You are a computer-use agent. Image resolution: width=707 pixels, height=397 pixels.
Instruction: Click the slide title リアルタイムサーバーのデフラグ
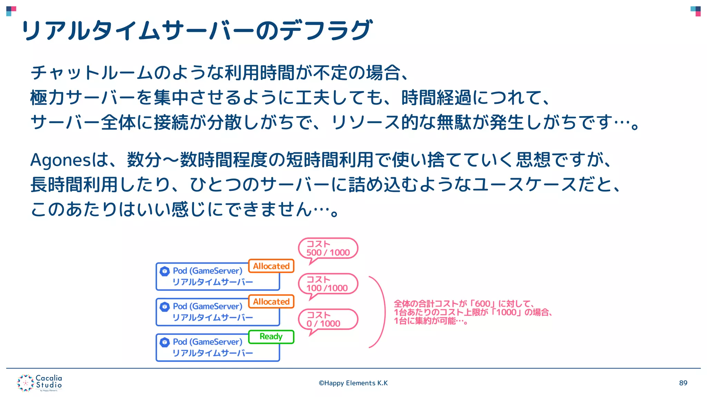pyautogui.click(x=197, y=30)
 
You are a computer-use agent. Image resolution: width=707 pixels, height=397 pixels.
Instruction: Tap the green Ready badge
pyautogui.click(x=271, y=337)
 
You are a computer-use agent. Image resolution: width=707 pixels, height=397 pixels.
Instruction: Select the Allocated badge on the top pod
pyautogui.click(x=271, y=266)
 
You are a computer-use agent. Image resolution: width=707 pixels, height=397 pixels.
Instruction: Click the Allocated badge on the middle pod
pyautogui.click(x=271, y=302)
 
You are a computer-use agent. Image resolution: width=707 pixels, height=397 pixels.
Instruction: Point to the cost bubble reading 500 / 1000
pyautogui.click(x=328, y=248)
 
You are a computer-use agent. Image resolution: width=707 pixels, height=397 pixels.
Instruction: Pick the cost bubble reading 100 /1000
pyautogui.click(x=328, y=284)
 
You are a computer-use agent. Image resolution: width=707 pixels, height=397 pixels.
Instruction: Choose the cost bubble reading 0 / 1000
pyautogui.click(x=328, y=319)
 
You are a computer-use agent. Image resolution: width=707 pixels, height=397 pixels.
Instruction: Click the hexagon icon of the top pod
pyautogui.click(x=165, y=271)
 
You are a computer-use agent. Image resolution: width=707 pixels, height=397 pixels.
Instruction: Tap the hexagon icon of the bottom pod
pyautogui.click(x=165, y=342)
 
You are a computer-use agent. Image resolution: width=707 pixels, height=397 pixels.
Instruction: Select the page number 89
pyautogui.click(x=683, y=383)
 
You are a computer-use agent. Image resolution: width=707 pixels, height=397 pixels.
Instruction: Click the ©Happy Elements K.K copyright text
pyautogui.click(x=353, y=383)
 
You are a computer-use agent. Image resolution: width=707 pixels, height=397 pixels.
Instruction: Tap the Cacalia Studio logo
pyautogui.click(x=40, y=383)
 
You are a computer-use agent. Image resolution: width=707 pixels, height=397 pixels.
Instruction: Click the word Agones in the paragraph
pyautogui.click(x=60, y=160)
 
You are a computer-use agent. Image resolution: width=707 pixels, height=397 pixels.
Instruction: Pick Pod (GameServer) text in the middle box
pyautogui.click(x=207, y=306)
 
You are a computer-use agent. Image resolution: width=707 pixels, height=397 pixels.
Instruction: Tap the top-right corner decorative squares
pyautogui.click(x=695, y=11)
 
